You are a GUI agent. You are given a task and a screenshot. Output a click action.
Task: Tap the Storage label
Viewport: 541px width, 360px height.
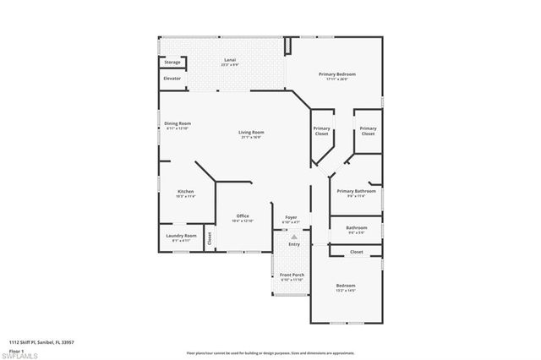(172, 63)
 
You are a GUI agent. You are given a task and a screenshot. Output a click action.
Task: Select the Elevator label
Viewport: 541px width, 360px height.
(172, 79)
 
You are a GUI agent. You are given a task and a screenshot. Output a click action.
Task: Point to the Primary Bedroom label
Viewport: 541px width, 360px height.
(337, 75)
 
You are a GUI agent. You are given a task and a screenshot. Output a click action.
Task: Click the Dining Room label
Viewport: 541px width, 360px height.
(178, 125)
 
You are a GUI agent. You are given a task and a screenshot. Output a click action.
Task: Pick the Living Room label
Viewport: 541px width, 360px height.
(251, 133)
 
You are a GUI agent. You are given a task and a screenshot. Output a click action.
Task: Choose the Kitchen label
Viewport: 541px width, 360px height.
(186, 193)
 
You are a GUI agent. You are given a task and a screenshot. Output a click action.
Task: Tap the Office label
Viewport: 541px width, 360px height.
(242, 216)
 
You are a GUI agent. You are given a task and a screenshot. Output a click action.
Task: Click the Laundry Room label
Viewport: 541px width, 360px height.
(182, 236)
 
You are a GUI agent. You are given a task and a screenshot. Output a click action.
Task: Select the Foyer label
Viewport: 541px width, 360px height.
(291, 218)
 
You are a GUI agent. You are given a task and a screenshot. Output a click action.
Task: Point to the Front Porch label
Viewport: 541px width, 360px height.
(292, 276)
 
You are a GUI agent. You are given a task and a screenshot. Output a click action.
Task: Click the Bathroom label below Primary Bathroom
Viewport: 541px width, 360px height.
(357, 227)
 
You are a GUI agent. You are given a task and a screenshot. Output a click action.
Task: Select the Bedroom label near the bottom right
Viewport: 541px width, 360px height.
(346, 286)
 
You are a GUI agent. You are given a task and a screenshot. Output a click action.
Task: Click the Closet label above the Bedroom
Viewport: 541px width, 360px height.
(357, 252)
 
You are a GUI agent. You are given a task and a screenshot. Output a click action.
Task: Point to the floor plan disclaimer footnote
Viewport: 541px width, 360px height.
(270, 352)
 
